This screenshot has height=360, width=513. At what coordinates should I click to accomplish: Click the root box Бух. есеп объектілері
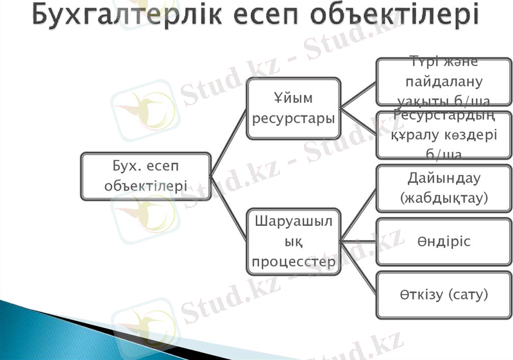tap(146, 176)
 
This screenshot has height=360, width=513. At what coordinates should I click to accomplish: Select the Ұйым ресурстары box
tap(293, 108)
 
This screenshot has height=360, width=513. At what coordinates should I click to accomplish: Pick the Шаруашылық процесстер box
tap(293, 242)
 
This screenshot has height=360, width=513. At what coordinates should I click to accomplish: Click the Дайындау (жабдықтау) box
tap(444, 188)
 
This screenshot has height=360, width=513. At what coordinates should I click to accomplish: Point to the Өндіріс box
tap(444, 241)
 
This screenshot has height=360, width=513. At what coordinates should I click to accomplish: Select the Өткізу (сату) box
tap(444, 295)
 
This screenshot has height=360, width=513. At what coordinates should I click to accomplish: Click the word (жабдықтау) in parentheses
tap(444, 198)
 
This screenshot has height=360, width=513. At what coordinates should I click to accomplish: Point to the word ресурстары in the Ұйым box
tap(293, 119)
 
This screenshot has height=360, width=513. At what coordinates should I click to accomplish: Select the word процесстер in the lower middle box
tap(293, 262)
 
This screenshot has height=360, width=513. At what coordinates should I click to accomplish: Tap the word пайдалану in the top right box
tap(444, 81)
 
